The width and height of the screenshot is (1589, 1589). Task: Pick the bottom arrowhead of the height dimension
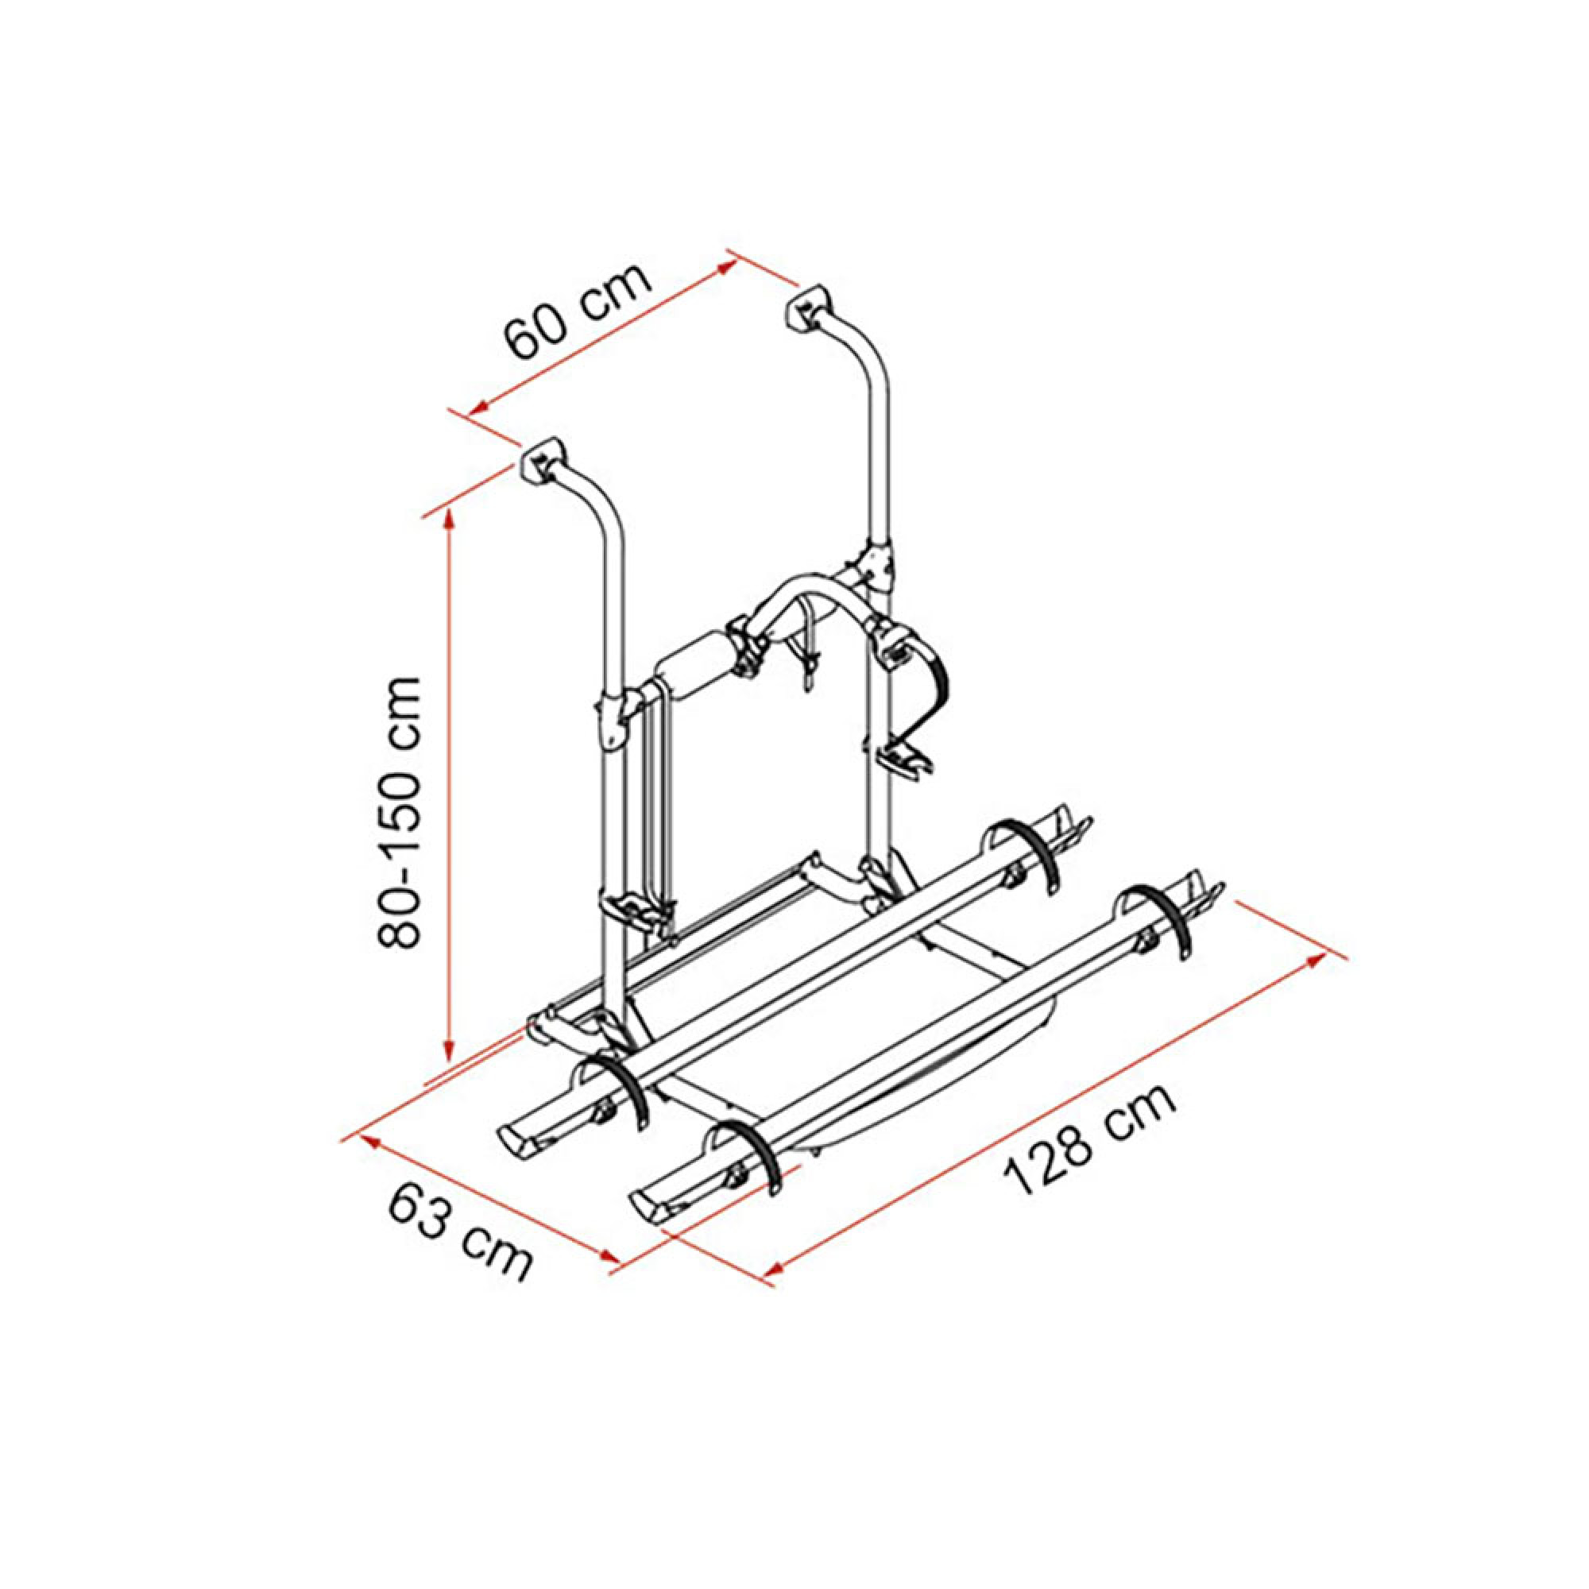[449, 1050]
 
